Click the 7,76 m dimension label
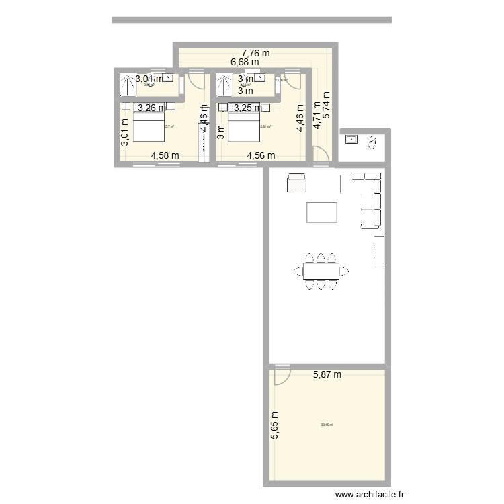[x=256, y=53]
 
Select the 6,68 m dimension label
[x=245, y=62]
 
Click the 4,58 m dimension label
[x=165, y=155]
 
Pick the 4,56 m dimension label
[x=261, y=155]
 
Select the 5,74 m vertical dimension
[x=327, y=106]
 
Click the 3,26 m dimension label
[x=151, y=107]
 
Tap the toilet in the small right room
[x=371, y=142]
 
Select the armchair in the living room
[x=296, y=183]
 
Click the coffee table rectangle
[x=322, y=212]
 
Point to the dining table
[x=321, y=271]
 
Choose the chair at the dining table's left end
[x=299, y=271]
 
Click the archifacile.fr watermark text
[x=369, y=495]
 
